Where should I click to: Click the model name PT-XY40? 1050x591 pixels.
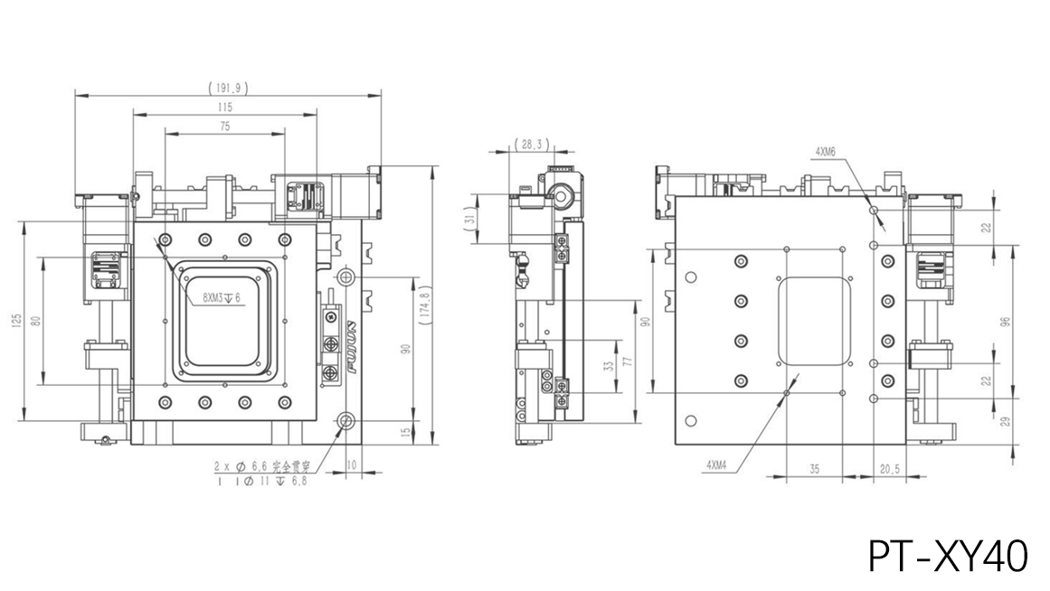click(x=948, y=556)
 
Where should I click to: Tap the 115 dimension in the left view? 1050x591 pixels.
click(x=224, y=108)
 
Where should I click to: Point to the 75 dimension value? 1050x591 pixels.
click(x=224, y=127)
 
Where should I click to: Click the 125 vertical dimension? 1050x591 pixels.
click(x=17, y=321)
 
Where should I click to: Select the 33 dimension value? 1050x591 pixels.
click(x=608, y=366)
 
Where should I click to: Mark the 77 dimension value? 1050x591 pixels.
click(x=626, y=361)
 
